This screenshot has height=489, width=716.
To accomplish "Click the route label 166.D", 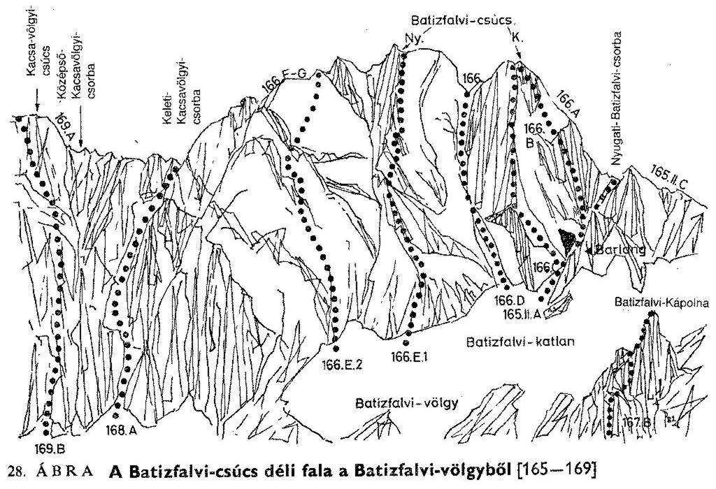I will pyautogui.click(x=507, y=300).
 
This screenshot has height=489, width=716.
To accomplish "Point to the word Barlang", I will pyautogui.click(x=619, y=251).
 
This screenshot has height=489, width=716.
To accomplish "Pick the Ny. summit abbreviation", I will pyautogui.click(x=415, y=38).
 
